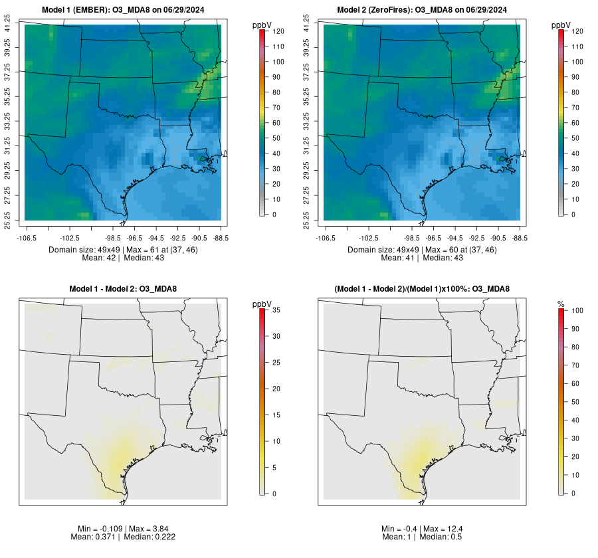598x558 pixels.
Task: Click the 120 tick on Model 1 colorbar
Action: tap(278, 31)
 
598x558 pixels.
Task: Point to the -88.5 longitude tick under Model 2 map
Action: tap(520, 237)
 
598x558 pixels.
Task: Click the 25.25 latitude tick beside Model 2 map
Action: tap(307, 220)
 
